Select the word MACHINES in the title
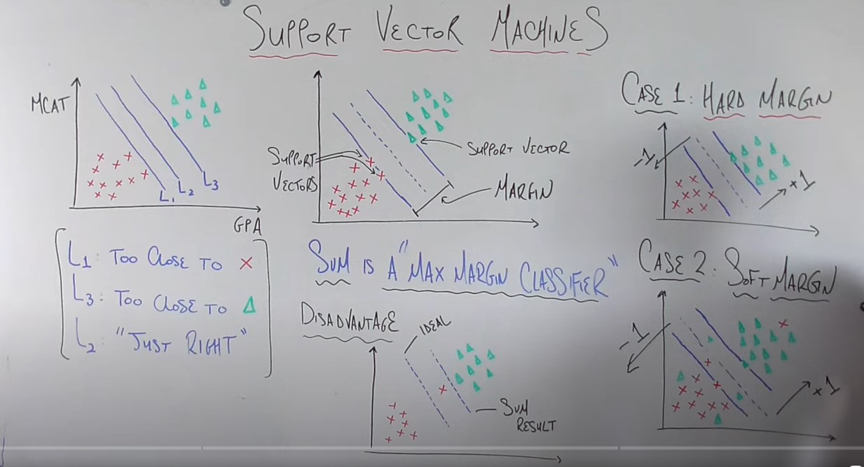point(547,32)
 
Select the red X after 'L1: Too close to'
point(245,264)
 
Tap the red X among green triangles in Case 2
point(783,323)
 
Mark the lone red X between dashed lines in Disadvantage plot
point(442,389)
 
